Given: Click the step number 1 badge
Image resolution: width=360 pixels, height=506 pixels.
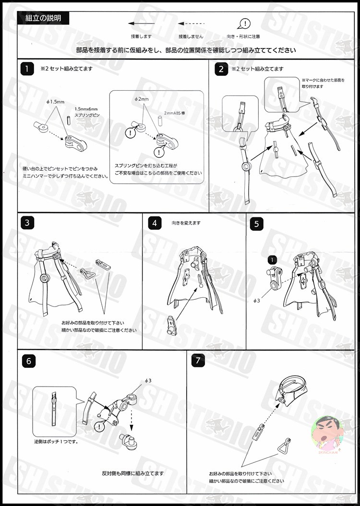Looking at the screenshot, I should coord(28,69).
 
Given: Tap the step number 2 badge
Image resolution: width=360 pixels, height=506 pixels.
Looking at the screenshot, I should coord(221,69).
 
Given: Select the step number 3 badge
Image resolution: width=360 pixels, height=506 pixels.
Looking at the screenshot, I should coord(28,223).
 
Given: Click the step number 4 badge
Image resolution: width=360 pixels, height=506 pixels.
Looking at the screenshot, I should coord(154,223).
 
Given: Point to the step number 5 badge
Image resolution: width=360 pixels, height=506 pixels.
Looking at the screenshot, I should coord(257,223).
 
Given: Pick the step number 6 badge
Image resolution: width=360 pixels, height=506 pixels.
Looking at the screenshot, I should coord(28,361).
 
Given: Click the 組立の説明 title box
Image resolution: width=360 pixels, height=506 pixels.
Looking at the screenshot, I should coord(43,19).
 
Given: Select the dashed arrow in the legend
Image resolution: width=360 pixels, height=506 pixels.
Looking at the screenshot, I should coord(191,23).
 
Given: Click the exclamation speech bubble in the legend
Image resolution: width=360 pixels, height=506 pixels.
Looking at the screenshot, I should coord(244,24).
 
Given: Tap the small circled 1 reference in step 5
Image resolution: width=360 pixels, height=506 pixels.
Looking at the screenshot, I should coord(272,259).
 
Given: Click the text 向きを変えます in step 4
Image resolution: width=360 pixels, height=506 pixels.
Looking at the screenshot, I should coord(186,223).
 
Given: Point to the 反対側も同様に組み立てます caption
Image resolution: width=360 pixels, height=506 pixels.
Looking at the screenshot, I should coord(133,473).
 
